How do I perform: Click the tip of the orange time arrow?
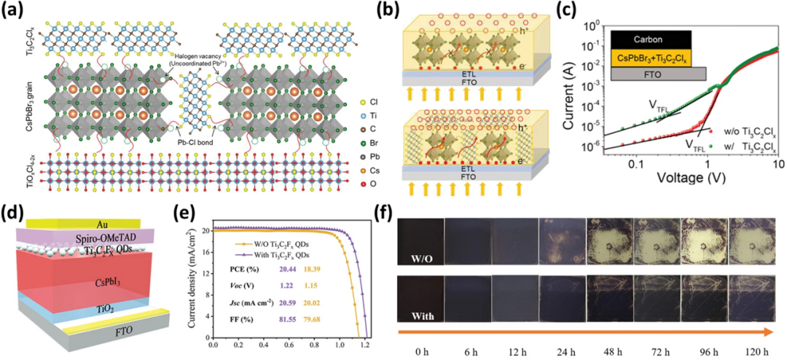coord(775,332)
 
